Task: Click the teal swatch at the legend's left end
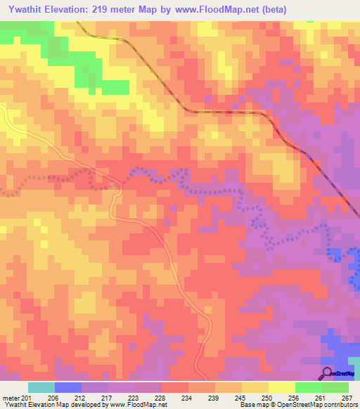[x=41, y=387]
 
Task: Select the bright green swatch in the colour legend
[x=309, y=387]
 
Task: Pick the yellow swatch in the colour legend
[x=282, y=387]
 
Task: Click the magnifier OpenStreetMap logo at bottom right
[x=328, y=373]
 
